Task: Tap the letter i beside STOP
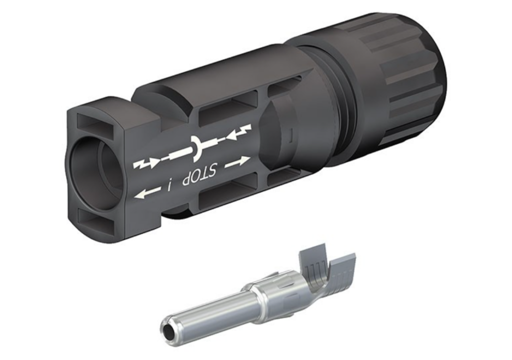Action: coord(169,186)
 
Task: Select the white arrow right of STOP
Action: coord(237,161)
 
